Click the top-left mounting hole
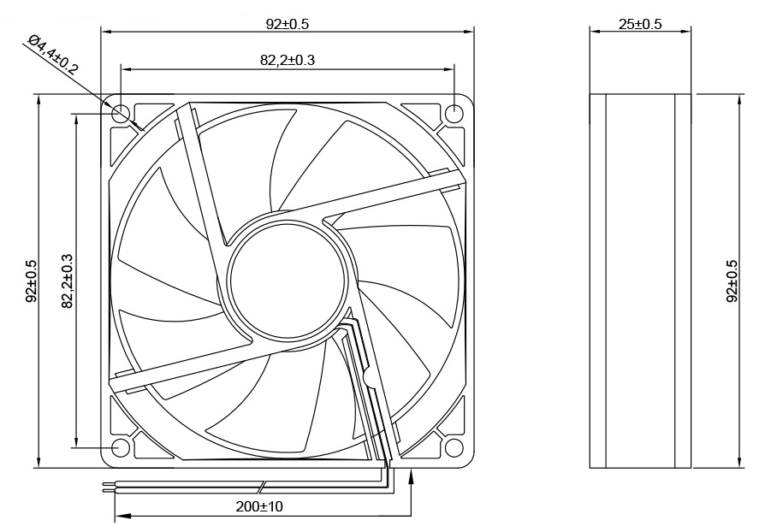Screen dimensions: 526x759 coord(121,113)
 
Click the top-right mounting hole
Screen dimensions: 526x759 coord(456,113)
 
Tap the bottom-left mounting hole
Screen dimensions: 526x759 coord(121,447)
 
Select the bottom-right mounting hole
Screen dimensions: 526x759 coord(456,447)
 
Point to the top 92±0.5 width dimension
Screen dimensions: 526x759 coord(287,24)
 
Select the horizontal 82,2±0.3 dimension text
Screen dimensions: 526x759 coord(287,59)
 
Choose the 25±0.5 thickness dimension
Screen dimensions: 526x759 coord(640,24)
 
